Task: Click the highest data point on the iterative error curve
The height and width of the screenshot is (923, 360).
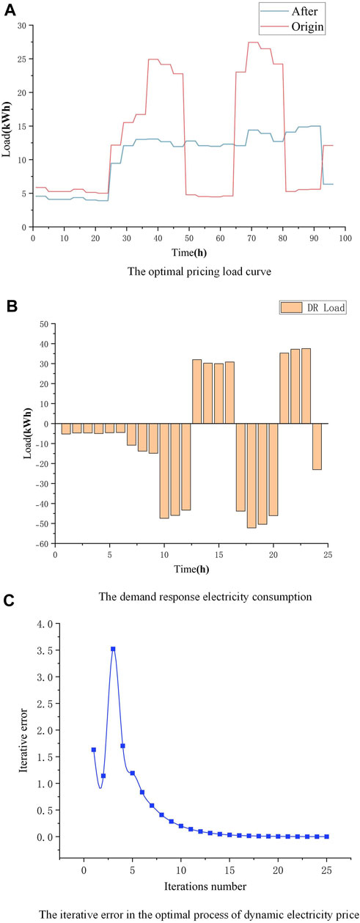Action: tap(113, 649)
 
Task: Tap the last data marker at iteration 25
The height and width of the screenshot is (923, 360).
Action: tap(326, 836)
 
